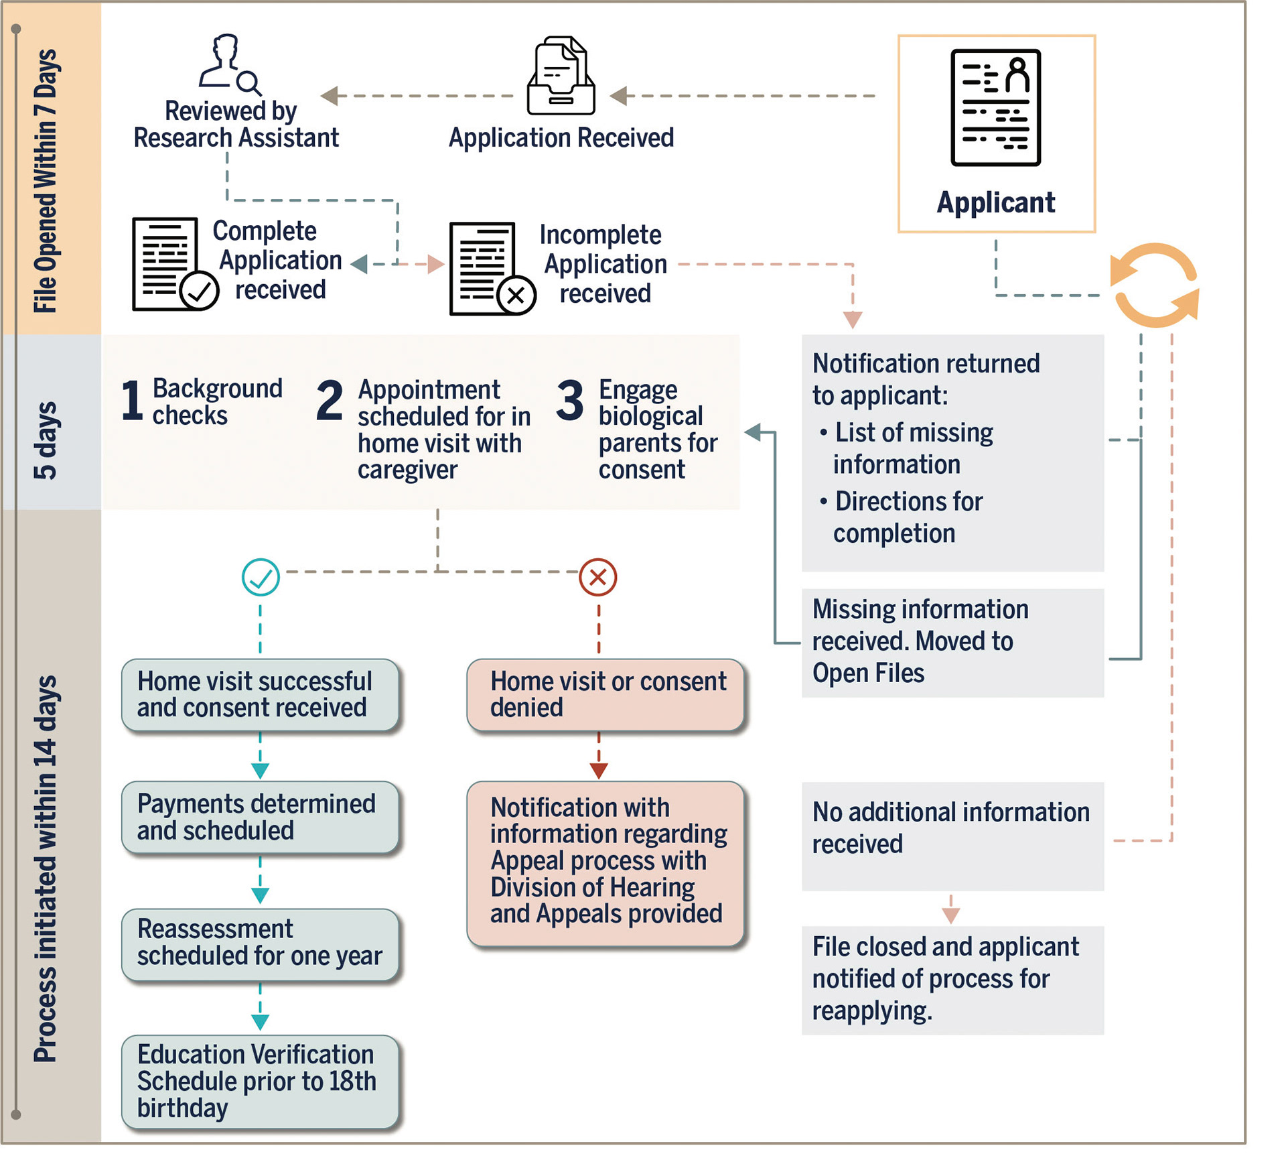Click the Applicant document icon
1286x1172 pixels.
click(x=995, y=107)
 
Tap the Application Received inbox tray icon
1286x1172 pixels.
click(x=561, y=75)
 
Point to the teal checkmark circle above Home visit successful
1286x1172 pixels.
click(x=261, y=577)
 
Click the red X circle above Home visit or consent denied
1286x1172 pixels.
click(x=598, y=577)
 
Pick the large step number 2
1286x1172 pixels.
click(x=330, y=400)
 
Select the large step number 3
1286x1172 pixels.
click(x=570, y=400)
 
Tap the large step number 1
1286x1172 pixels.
click(x=132, y=400)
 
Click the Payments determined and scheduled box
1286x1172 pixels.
click(x=261, y=817)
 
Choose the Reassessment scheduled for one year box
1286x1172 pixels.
click(x=261, y=944)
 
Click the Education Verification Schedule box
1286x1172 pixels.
click(x=261, y=1082)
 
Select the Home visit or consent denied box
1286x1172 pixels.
click(x=606, y=695)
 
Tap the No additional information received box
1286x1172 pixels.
click(x=952, y=836)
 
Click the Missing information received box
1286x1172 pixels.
click(x=952, y=643)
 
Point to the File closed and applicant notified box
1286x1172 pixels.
click(x=952, y=980)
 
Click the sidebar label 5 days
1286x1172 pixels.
click(x=46, y=440)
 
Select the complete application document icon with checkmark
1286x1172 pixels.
click(x=175, y=264)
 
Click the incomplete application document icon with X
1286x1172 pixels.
click(x=492, y=269)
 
